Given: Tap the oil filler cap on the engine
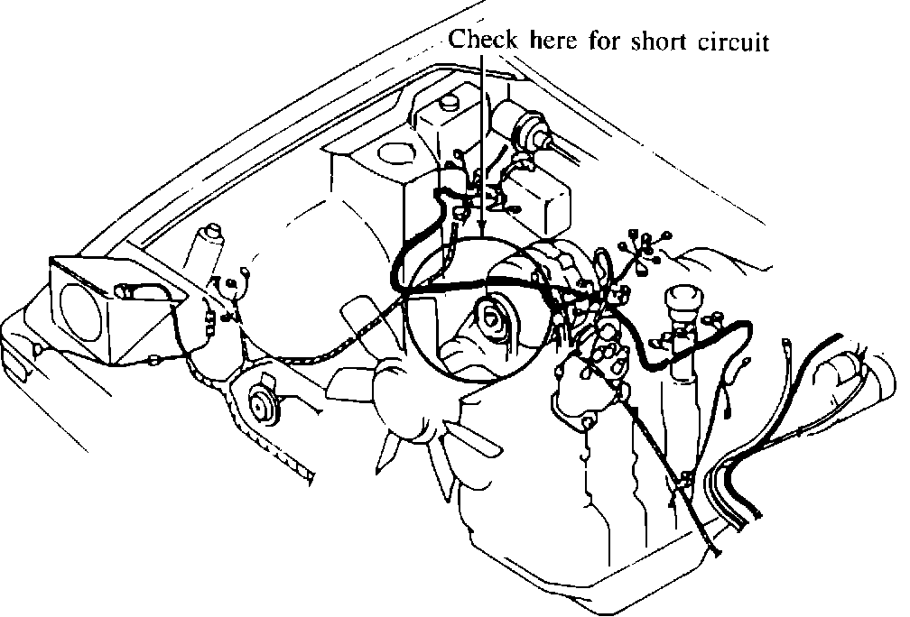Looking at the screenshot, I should (x=683, y=307).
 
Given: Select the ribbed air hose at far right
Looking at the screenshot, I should (x=844, y=379).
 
